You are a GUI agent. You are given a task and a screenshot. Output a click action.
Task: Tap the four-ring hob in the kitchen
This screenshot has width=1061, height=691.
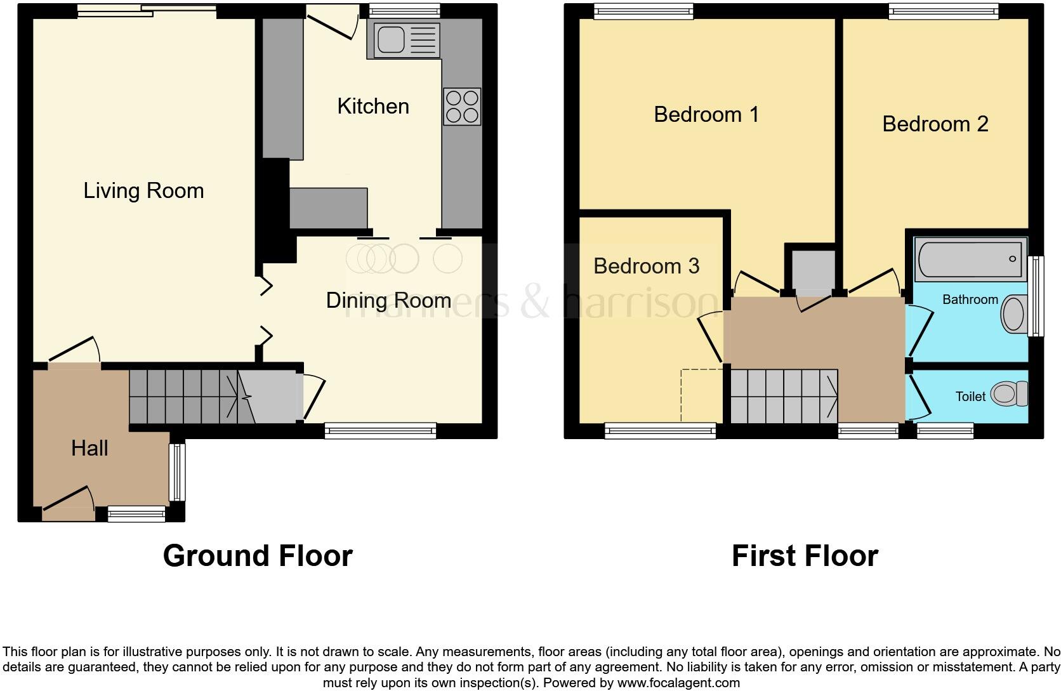(x=462, y=107)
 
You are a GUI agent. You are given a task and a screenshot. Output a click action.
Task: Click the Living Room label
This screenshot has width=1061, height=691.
(x=143, y=190)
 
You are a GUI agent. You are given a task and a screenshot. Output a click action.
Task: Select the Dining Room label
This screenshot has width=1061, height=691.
(x=388, y=300)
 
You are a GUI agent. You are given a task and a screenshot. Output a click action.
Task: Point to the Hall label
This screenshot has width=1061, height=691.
(x=89, y=448)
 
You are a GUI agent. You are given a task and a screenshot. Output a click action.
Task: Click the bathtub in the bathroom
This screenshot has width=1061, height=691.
(x=970, y=259)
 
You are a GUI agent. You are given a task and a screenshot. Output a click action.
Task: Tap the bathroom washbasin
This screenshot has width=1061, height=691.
(x=1013, y=314)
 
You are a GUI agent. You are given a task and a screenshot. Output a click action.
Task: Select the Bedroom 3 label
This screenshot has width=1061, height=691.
(x=646, y=266)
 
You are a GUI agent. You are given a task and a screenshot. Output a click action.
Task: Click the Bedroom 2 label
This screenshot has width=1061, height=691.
(x=935, y=124)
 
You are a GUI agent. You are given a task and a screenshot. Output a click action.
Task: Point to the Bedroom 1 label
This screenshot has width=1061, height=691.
(x=706, y=114)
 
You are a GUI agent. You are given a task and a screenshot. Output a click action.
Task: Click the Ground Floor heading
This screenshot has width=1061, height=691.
(x=258, y=556)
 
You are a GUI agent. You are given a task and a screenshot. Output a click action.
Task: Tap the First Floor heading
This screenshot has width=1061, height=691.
(x=804, y=556)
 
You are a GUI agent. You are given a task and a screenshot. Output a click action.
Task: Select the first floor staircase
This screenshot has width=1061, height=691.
(x=783, y=397)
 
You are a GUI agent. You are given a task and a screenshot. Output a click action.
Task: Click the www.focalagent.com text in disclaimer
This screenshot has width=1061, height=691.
(x=678, y=683)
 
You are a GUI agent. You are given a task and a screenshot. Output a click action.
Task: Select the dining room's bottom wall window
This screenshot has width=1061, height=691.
(x=380, y=431)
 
